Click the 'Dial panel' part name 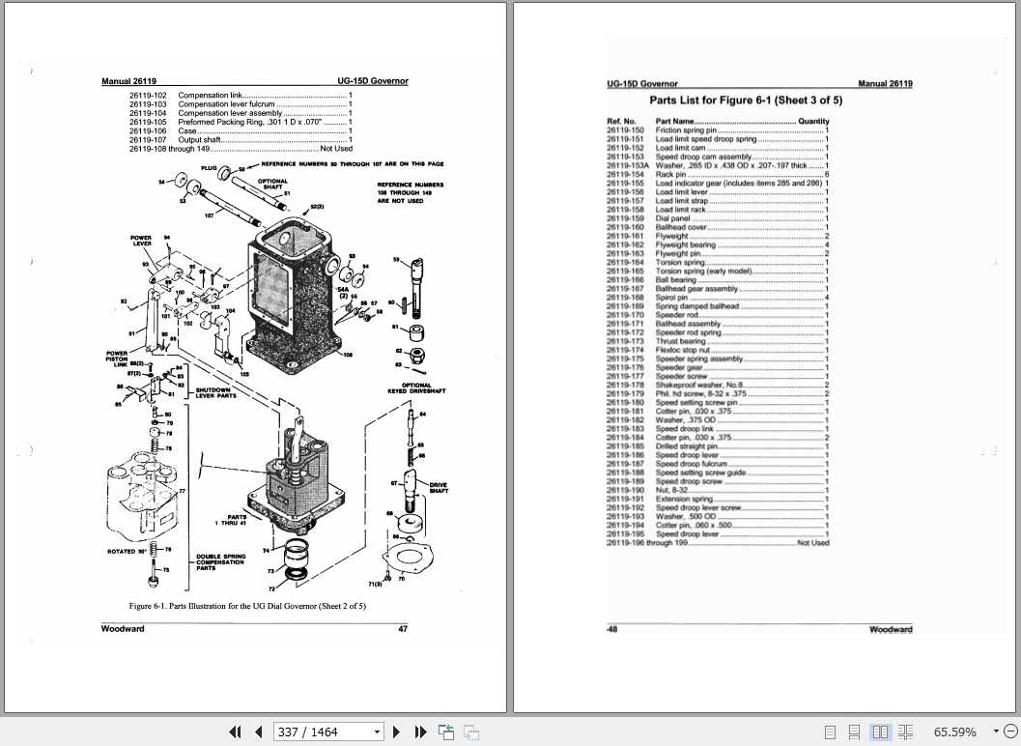click(672, 218)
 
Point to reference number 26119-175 click(625, 359)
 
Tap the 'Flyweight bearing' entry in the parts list click(685, 244)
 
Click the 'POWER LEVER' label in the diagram click(142, 240)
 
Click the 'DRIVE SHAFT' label click(439, 488)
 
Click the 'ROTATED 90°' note click(127, 552)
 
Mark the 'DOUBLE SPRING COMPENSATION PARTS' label click(219, 563)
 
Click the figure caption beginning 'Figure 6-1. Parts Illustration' click(247, 606)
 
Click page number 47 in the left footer click(403, 629)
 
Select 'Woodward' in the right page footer click(890, 629)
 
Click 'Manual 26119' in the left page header click(130, 82)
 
